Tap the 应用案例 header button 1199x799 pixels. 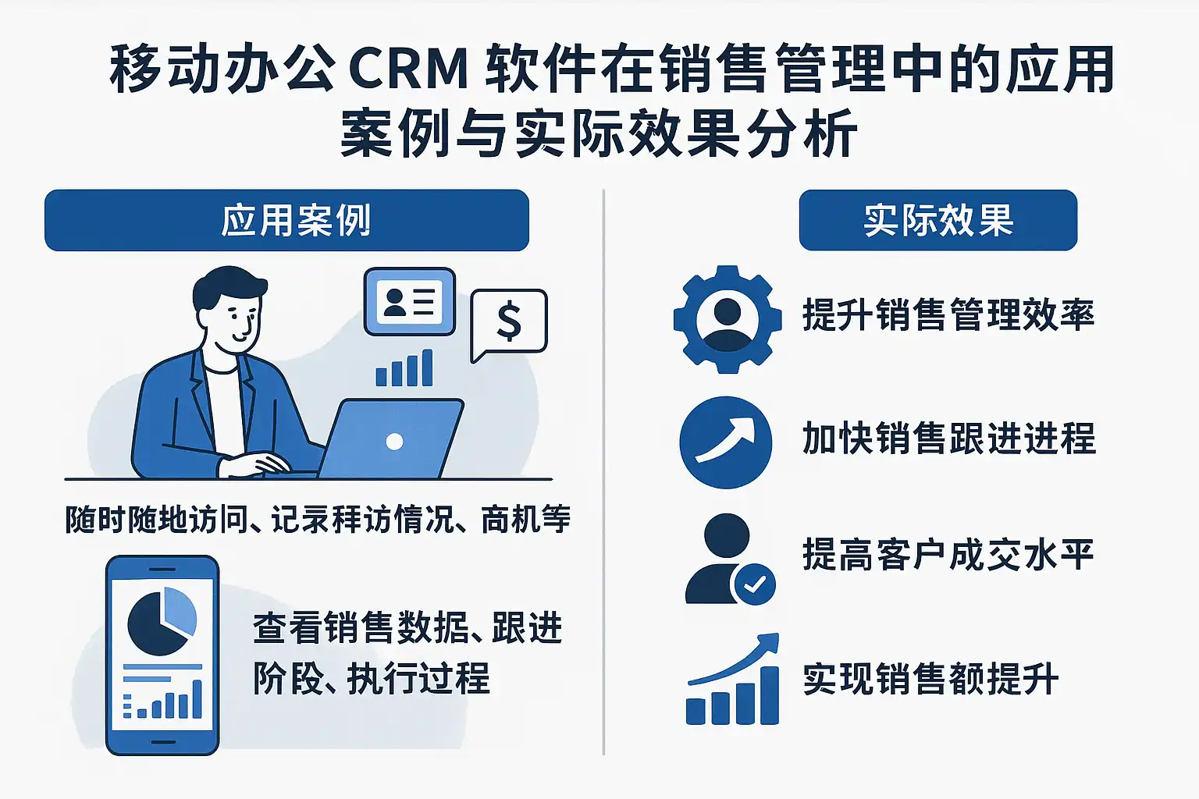(x=286, y=220)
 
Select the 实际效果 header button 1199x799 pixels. (x=937, y=220)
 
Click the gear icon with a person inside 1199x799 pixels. (x=727, y=318)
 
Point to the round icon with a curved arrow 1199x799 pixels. (x=725, y=442)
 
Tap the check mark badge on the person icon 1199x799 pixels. (x=753, y=584)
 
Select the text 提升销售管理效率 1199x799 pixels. (x=948, y=315)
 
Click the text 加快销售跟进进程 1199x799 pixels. (x=948, y=439)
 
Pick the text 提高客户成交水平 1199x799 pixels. (x=948, y=556)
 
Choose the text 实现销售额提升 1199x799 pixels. (x=930, y=679)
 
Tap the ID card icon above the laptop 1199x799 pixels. (x=410, y=302)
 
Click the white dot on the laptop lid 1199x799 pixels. (x=394, y=442)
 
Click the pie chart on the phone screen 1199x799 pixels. (x=162, y=622)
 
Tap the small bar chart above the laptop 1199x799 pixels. (x=404, y=369)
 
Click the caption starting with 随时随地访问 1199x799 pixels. (x=317, y=520)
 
